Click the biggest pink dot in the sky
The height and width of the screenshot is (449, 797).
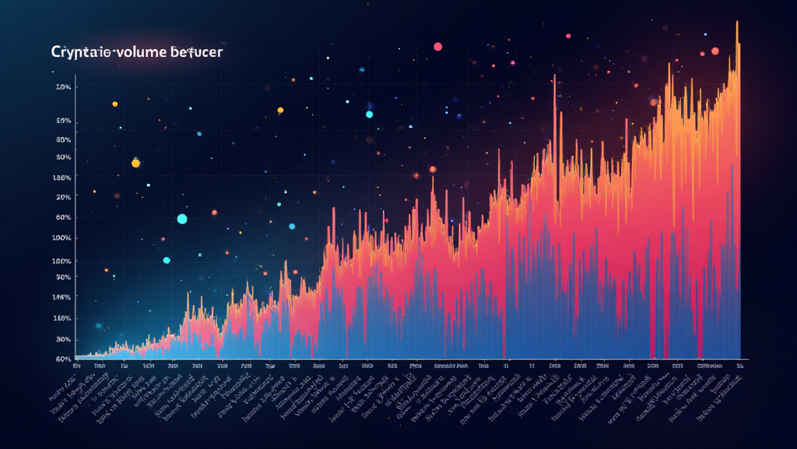(437, 47)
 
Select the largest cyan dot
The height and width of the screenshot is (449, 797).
(182, 219)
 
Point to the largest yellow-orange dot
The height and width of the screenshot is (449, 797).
(135, 163)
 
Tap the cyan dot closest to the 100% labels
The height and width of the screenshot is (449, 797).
(166, 260)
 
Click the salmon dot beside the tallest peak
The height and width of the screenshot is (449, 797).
(714, 51)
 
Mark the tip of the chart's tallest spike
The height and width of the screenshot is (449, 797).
(736, 22)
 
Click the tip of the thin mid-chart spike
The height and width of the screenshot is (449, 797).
(554, 76)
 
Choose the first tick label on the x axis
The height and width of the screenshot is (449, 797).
(76, 365)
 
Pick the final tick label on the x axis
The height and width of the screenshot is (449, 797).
(740, 365)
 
